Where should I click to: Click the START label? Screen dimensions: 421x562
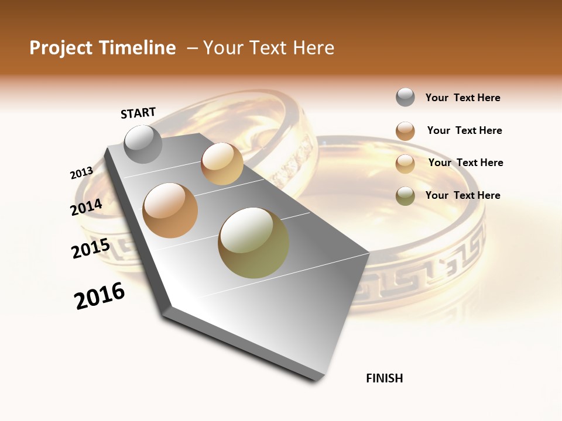point(138,113)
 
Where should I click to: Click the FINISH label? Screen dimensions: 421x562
point(385,378)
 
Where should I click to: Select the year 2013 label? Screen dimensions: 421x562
point(82,173)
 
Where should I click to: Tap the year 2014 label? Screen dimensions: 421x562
point(87,207)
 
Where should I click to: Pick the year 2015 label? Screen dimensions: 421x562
point(91,249)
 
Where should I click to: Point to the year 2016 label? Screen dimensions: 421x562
point(100,296)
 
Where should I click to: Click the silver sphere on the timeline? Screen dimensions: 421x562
point(143,144)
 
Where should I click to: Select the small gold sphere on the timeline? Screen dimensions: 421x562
point(222,164)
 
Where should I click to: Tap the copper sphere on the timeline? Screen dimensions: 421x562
point(170,210)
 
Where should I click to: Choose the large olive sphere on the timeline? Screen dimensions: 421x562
point(253,243)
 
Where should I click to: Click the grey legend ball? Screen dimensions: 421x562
point(405,98)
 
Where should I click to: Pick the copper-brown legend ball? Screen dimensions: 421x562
point(405,131)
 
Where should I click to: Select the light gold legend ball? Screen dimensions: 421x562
point(405,164)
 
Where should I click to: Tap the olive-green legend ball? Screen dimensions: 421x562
point(405,196)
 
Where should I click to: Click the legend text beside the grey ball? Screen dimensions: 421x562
point(462,98)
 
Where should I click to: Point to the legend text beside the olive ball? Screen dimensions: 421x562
point(462,195)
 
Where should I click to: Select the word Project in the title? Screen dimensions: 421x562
point(61,48)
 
